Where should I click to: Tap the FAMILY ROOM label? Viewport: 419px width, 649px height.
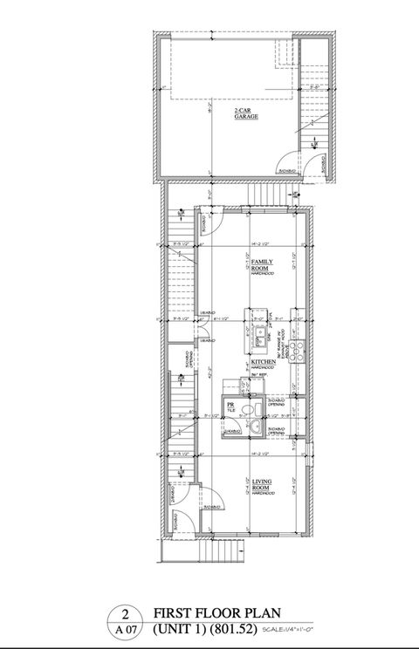(x=261, y=263)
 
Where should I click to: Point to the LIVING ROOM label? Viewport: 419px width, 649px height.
(x=261, y=483)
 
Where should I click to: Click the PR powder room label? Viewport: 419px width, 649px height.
(x=231, y=406)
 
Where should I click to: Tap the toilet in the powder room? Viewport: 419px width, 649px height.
(x=251, y=410)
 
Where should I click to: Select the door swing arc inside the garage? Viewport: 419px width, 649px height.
(x=286, y=161)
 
